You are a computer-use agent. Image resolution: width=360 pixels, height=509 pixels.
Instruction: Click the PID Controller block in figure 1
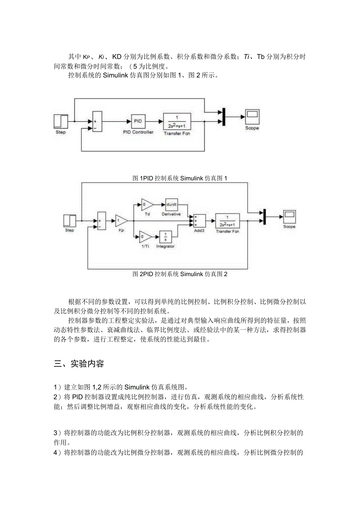[x=138, y=121]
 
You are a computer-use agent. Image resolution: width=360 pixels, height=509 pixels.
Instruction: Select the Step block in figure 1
[x=61, y=121]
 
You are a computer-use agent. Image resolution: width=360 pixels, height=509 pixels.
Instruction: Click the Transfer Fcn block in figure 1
[x=177, y=121]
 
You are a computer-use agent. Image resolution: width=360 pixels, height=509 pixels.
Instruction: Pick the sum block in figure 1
[x=97, y=121]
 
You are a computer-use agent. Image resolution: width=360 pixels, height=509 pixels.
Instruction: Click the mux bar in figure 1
[x=224, y=116]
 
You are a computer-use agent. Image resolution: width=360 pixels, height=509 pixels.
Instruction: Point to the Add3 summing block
[x=200, y=221]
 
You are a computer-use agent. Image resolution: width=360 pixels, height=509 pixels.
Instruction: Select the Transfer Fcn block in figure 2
[x=227, y=221]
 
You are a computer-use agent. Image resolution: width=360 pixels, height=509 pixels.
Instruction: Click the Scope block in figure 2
[x=290, y=216]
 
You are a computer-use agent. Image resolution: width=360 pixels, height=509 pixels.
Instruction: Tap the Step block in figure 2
[x=70, y=221]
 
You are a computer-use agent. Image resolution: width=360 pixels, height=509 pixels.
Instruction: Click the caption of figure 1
[x=180, y=178]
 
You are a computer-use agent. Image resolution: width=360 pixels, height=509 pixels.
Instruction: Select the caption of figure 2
[x=180, y=274]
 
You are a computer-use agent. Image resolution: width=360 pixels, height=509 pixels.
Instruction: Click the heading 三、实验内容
[x=79, y=363]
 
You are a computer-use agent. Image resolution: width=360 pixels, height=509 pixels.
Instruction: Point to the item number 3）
[x=58, y=433]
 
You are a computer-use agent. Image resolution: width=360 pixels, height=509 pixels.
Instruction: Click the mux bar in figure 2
[x=265, y=216]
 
